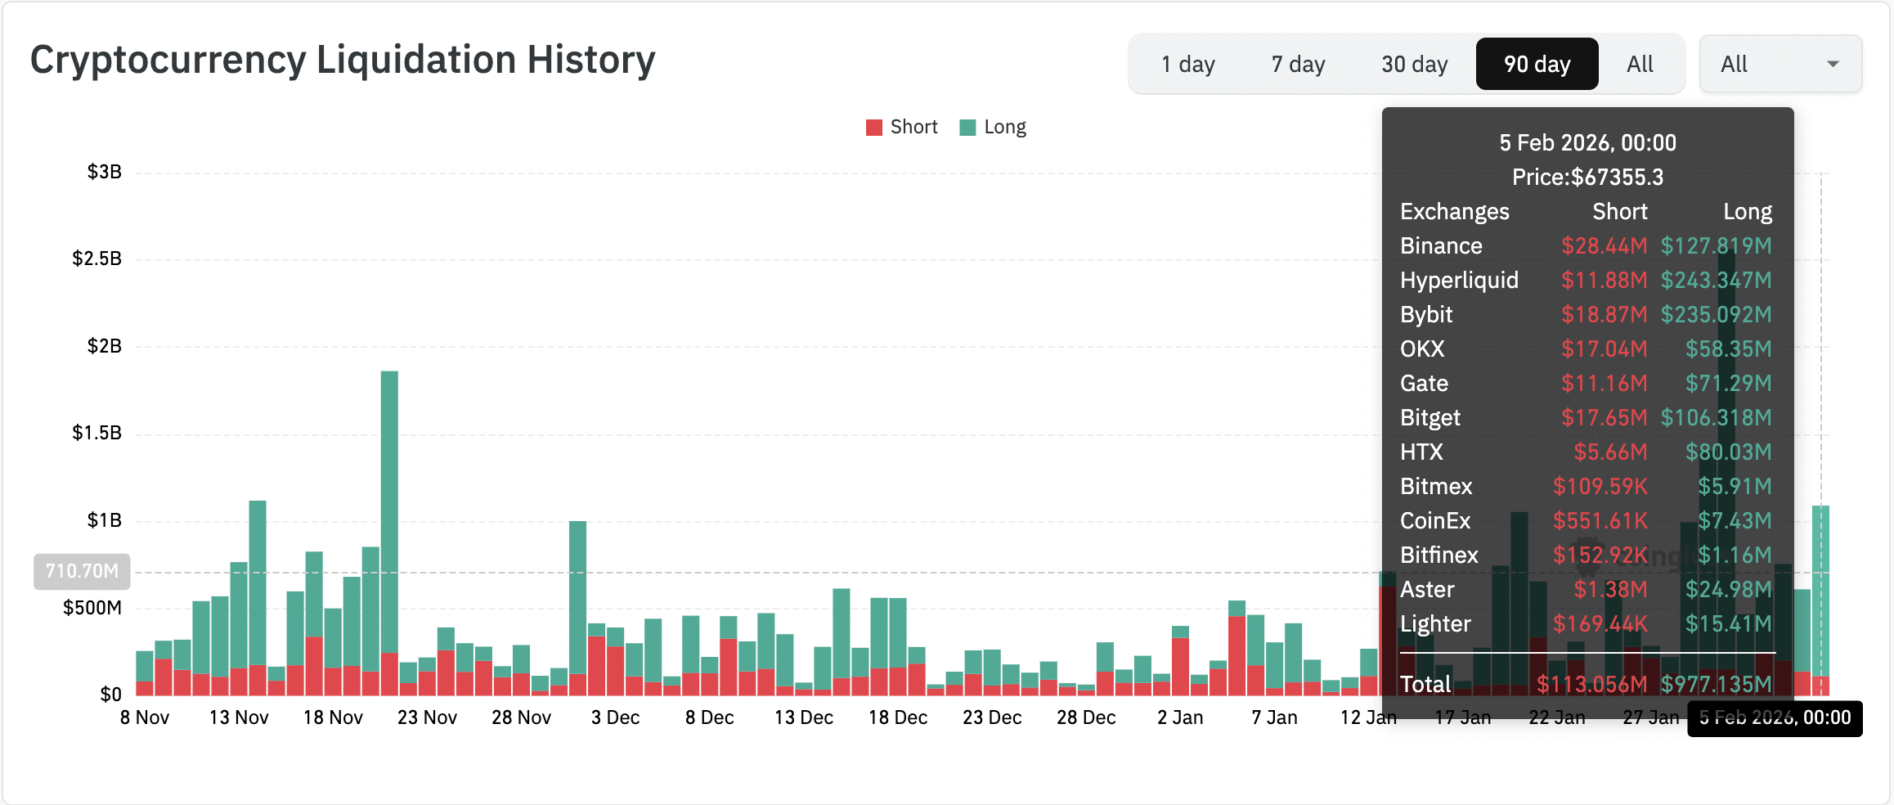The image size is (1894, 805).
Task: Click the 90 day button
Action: [x=1537, y=64]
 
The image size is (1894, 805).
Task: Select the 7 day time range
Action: [x=1298, y=64]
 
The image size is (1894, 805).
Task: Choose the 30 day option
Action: [x=1414, y=64]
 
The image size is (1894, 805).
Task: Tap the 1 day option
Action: [x=1187, y=64]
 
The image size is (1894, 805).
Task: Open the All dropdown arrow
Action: [x=1833, y=64]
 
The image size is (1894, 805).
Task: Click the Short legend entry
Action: [x=902, y=127]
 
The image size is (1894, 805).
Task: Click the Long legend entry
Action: [x=993, y=127]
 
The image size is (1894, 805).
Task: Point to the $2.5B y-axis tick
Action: [x=96, y=259]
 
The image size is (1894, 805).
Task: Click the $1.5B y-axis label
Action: [x=96, y=433]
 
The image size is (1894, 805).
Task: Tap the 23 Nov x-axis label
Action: [x=427, y=717]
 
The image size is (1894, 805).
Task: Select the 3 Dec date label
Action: [x=615, y=717]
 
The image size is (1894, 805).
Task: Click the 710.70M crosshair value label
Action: [x=82, y=571]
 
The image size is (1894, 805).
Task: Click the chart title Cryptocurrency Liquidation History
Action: [x=343, y=60]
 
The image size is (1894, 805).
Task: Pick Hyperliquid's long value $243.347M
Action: [x=1716, y=280]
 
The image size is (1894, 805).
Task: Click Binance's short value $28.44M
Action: [x=1604, y=245]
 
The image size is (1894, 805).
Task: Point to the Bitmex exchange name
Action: [x=1436, y=486]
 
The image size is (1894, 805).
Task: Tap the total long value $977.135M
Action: [x=1716, y=684]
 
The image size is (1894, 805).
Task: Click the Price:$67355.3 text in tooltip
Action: [x=1587, y=177]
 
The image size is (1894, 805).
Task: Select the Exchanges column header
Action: [x=1454, y=211]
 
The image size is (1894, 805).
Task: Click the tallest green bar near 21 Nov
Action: [x=389, y=507]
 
